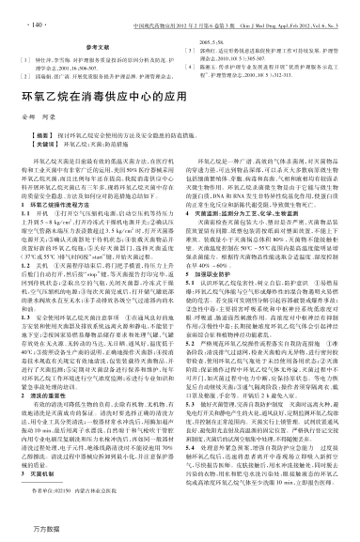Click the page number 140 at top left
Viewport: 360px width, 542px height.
click(27, 16)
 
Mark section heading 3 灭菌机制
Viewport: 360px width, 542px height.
click(49, 472)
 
